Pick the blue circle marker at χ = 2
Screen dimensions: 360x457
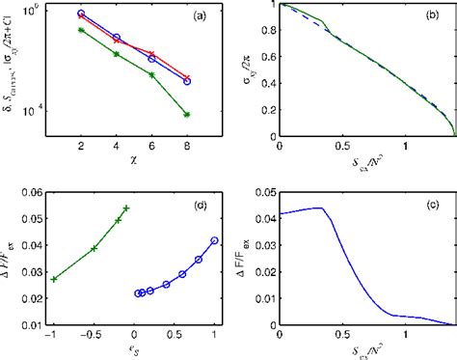click(81, 14)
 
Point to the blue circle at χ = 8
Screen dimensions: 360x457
click(187, 81)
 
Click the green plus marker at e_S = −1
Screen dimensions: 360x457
click(54, 279)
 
